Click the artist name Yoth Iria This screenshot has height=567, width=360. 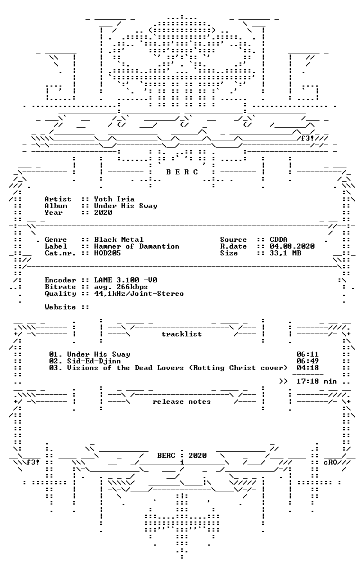click(114, 199)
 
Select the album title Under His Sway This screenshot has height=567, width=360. click(125, 206)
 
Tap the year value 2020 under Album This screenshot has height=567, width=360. click(103, 213)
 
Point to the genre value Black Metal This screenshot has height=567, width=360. click(119, 240)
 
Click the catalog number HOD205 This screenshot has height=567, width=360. click(107, 253)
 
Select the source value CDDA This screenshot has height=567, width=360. click(278, 240)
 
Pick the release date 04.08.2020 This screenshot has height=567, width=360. click(292, 246)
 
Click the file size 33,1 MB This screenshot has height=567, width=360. click(285, 253)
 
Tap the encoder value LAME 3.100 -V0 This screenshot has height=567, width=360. click(125, 280)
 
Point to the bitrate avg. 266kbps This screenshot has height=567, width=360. click(121, 287)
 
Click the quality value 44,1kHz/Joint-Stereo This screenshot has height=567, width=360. click(139, 294)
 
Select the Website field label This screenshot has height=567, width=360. click(60, 307)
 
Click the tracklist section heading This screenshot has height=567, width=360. click(182, 334)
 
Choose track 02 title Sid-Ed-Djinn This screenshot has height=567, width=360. click(94, 361)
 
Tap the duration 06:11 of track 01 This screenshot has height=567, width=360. click(308, 354)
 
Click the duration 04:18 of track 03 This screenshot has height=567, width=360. click(308, 368)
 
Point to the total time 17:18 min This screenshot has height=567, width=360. click(317, 381)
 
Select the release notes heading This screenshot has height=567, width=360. click(182, 402)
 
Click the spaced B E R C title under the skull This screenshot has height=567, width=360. click(182, 172)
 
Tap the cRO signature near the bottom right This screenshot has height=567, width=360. click(330, 462)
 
